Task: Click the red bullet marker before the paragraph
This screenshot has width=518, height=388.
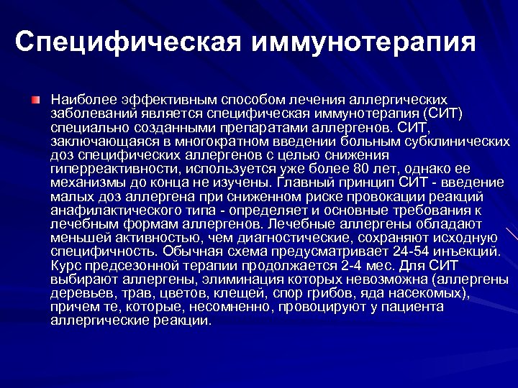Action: click(x=35, y=97)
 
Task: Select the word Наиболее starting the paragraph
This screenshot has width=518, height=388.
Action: click(x=75, y=98)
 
